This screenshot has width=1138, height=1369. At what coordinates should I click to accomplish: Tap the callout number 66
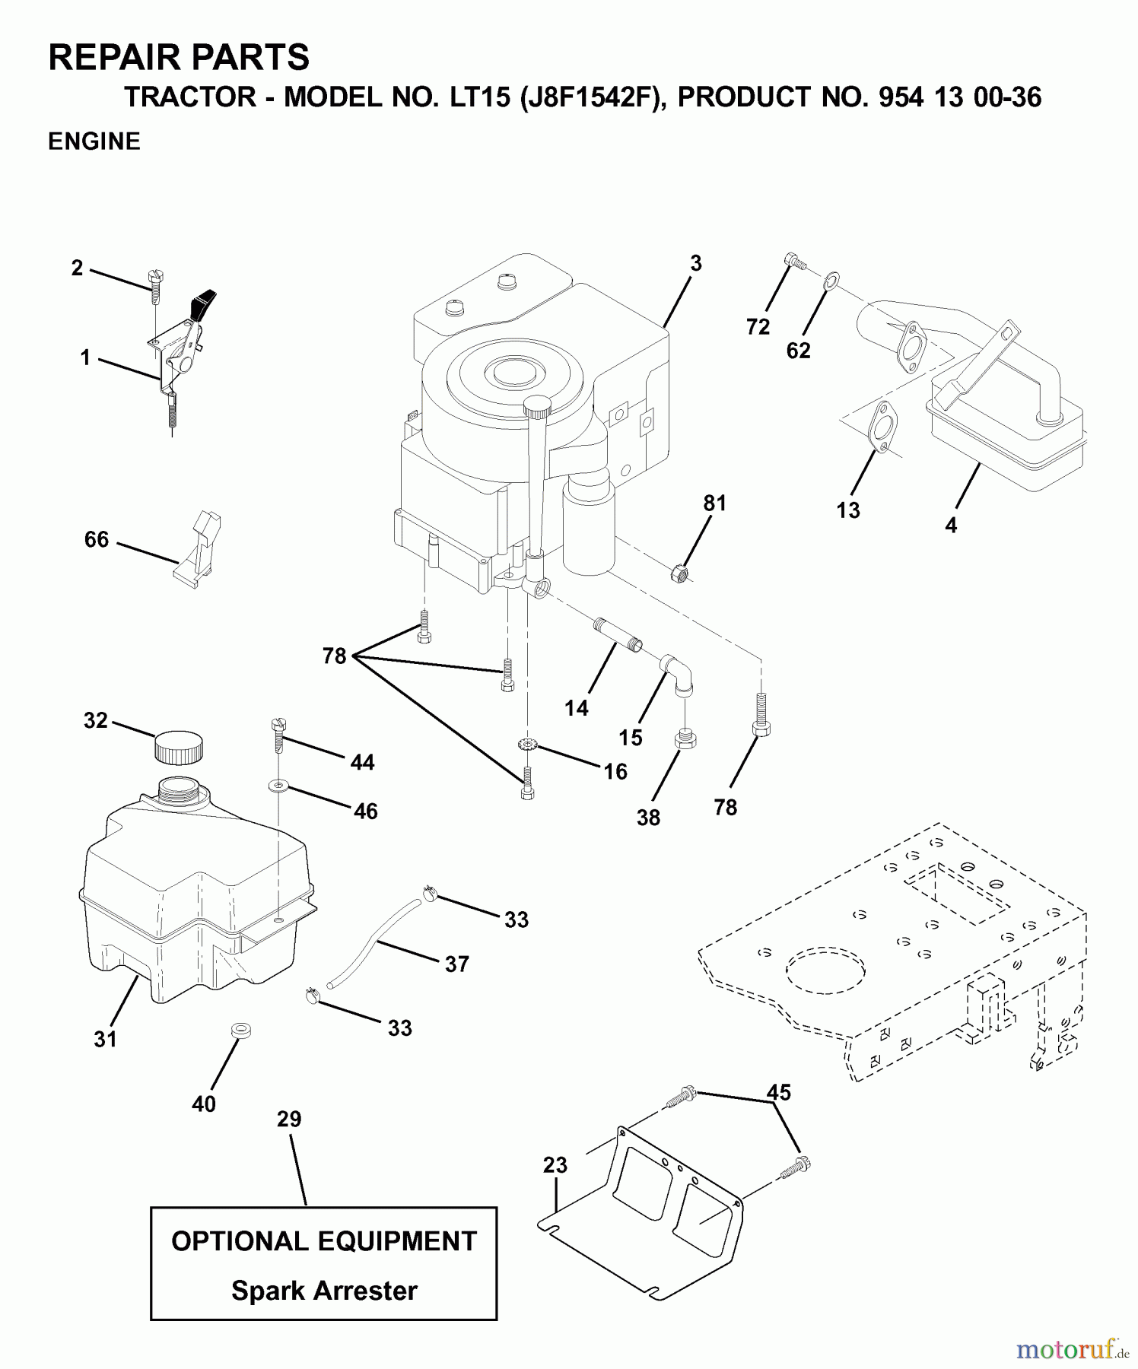point(97,539)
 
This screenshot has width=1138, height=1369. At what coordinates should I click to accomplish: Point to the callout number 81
point(714,503)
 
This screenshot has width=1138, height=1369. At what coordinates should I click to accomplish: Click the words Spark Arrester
point(324,1291)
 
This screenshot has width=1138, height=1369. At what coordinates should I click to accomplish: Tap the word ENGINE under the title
point(94,141)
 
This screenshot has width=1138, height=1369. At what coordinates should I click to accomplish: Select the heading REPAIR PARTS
point(179,58)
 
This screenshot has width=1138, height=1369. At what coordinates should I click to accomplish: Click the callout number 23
point(555,1164)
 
